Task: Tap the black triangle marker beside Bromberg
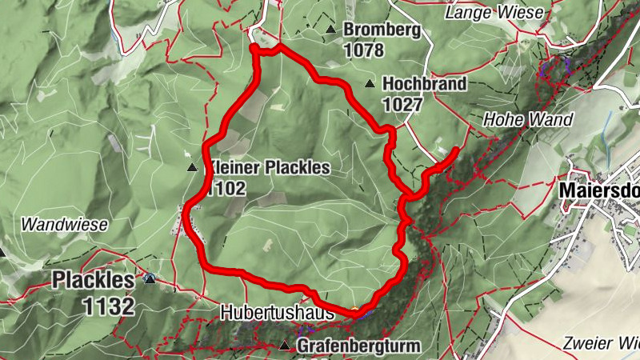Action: point(330,30)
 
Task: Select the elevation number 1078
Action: point(364,50)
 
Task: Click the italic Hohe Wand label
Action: point(528,120)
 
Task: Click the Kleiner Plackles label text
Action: point(269,168)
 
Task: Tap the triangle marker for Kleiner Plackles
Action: point(191,168)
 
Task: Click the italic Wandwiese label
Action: point(64,225)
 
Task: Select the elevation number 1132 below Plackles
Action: point(107,305)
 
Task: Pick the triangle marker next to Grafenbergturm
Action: point(286,346)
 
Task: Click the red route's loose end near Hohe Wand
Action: point(456,150)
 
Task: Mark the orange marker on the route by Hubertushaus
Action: point(354,309)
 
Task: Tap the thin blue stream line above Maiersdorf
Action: point(606,126)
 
